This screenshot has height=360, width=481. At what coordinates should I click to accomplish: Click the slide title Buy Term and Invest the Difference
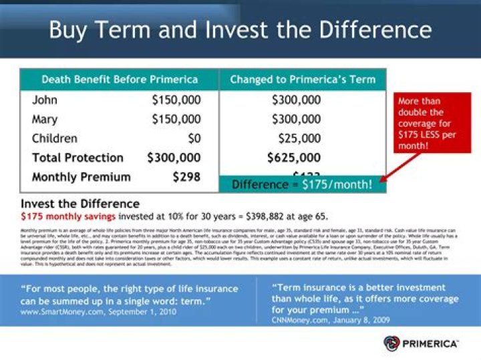tap(240, 29)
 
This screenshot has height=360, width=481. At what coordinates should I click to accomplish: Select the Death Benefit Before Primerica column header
tap(120, 79)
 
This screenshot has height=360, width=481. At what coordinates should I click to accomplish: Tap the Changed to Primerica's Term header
tap(303, 79)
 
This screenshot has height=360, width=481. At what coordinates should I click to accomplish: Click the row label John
tap(45, 100)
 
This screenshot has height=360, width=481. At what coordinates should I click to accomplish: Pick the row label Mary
tap(45, 120)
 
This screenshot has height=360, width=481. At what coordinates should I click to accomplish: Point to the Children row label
tap(55, 139)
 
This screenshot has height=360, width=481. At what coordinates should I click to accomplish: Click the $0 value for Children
tap(193, 139)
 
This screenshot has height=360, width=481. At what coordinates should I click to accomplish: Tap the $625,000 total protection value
tap(294, 158)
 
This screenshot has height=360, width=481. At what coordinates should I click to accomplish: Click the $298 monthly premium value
tap(186, 177)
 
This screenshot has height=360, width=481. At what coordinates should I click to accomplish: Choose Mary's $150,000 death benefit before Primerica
tap(176, 120)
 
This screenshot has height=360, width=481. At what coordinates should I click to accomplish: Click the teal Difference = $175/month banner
tap(302, 184)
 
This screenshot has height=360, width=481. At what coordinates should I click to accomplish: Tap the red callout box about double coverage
tap(432, 123)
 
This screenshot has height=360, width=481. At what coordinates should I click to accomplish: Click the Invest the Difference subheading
tap(80, 204)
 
